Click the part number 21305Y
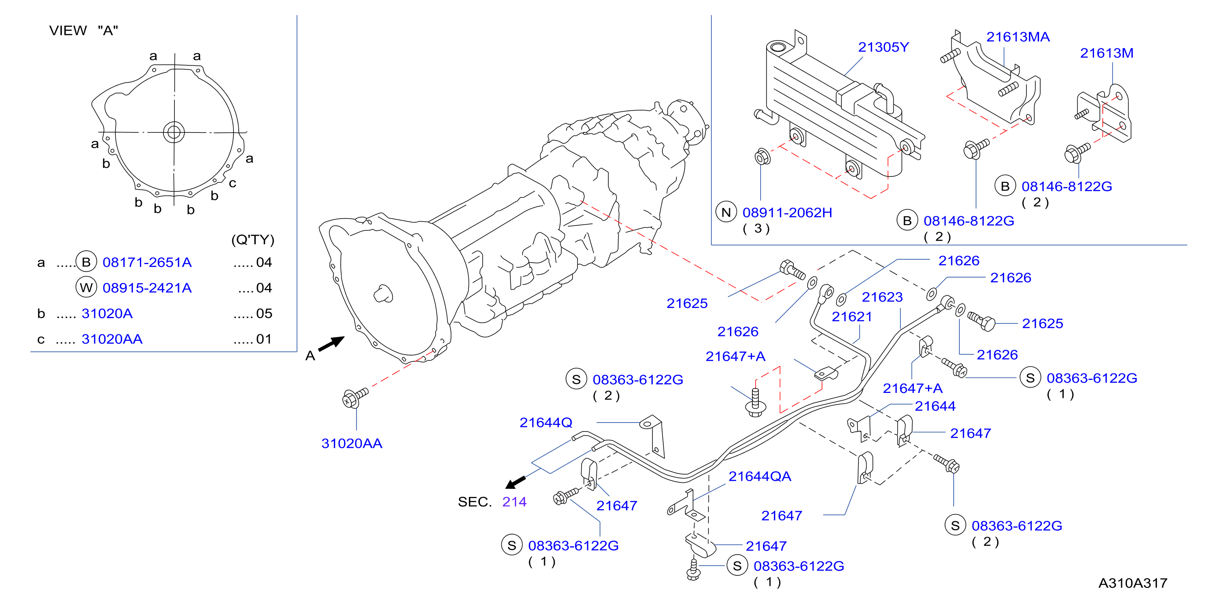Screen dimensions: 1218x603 [883, 47]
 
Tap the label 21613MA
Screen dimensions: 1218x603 [1018, 37]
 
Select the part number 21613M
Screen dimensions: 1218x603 [1107, 53]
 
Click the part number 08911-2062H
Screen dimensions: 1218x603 [787, 213]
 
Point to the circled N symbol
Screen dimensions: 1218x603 [726, 213]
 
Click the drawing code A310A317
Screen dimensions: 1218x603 [1133, 583]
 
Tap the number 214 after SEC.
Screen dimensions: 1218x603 [514, 502]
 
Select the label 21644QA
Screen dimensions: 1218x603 [759, 476]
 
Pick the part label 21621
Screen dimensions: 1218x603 [852, 317]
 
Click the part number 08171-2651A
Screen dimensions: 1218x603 [147, 262]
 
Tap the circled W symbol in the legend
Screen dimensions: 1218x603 [86, 287]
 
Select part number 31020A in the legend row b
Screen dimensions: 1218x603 [107, 313]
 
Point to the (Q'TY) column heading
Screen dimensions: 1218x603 [253, 240]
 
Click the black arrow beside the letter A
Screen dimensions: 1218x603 [331, 344]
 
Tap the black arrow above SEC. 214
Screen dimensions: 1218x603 [515, 482]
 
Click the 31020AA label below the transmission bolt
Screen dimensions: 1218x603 [352, 443]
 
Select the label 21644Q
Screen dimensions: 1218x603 [546, 423]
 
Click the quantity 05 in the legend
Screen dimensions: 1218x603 [264, 313]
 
